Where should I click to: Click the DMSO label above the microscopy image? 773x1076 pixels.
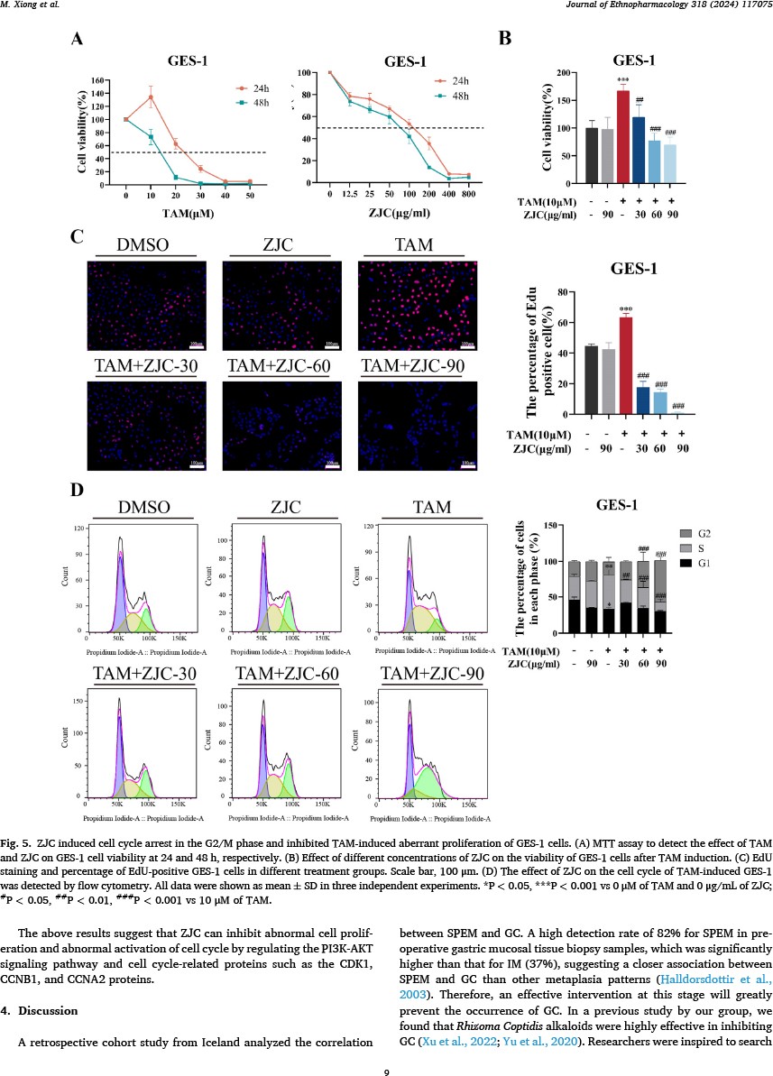coord(147,246)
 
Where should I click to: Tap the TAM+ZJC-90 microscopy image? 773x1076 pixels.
coord(418,425)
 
